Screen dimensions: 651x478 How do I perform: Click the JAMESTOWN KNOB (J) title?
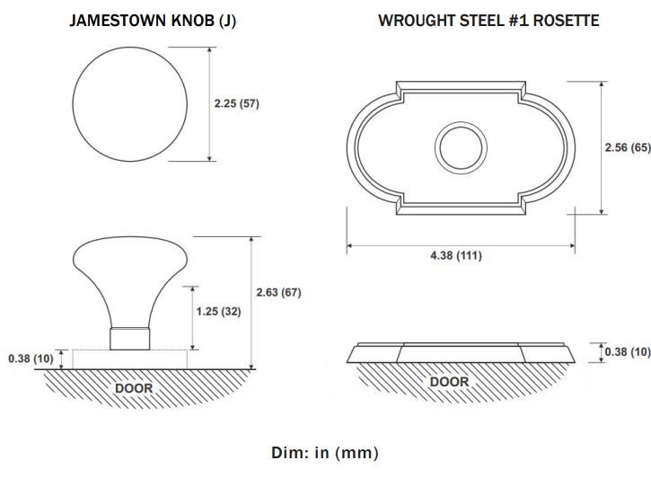153,21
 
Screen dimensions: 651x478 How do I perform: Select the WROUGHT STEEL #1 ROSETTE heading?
488,21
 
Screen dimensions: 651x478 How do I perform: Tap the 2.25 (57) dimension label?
237,103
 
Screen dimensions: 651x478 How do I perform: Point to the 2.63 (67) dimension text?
278,292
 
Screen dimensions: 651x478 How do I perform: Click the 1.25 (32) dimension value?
218,312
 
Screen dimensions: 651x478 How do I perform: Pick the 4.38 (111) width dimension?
456,255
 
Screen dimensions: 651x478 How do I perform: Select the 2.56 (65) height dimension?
628,147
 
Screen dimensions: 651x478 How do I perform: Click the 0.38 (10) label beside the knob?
31,358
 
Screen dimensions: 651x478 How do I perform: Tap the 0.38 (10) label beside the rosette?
628,352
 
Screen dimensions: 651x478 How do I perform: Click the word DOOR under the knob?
134,388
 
